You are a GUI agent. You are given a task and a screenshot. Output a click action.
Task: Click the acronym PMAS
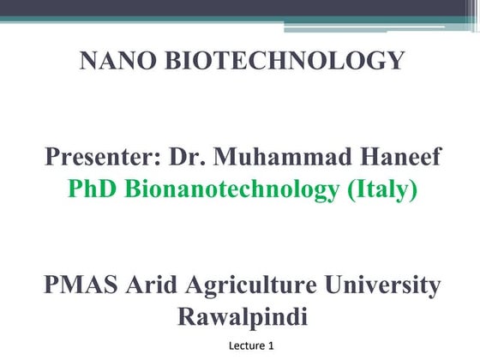click(81, 285)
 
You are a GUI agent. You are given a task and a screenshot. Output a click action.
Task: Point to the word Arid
click(156, 285)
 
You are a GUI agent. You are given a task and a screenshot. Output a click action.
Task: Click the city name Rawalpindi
click(243, 316)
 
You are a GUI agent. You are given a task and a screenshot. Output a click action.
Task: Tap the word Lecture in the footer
click(247, 345)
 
